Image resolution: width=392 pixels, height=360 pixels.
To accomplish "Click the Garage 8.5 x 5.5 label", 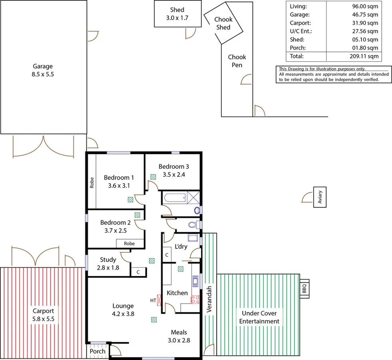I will (42, 70).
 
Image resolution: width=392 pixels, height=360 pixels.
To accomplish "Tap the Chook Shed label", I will (223, 23).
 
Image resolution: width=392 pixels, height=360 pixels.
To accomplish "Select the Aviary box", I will (320, 197).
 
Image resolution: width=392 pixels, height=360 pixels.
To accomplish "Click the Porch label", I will (98, 351).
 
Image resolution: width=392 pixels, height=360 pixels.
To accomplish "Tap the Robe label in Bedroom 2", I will (129, 243).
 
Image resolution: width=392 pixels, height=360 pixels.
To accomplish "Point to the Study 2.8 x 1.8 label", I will (108, 264).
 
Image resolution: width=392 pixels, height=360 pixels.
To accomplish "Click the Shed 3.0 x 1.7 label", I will (177, 14).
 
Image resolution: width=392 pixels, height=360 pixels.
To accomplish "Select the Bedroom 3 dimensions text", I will (173, 174).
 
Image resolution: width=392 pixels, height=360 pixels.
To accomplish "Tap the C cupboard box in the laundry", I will (167, 254).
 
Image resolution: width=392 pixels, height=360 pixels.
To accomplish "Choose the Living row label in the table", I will (298, 6).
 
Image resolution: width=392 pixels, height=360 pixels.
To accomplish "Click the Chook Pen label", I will (237, 61).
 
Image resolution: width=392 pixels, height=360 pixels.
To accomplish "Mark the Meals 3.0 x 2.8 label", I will (179, 336).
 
